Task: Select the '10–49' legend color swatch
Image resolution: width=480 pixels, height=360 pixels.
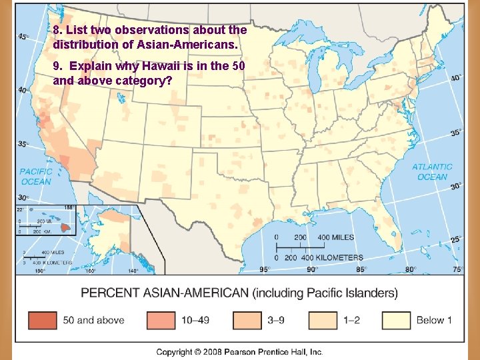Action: click(161, 320)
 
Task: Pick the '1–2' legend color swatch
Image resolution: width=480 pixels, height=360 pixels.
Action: click(323, 320)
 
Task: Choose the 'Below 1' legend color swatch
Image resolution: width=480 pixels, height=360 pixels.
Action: click(397, 320)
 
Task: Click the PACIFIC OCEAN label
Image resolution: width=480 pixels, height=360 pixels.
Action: click(35, 177)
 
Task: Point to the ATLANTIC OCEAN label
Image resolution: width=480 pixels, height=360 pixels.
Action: click(432, 172)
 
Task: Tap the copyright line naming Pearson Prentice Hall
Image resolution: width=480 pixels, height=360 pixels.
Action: click(239, 351)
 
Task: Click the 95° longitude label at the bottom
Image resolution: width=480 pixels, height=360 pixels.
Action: click(264, 270)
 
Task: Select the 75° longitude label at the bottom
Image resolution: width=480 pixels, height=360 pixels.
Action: click(458, 270)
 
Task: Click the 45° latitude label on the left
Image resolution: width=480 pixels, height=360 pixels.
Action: click(24, 37)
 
